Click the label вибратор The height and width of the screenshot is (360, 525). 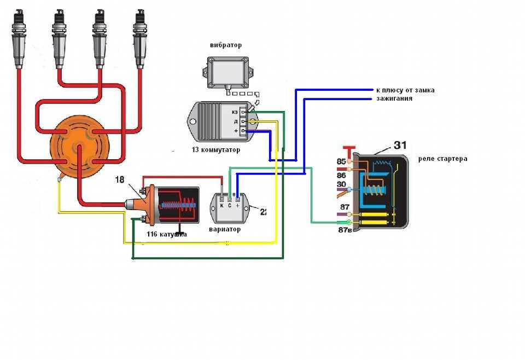225,45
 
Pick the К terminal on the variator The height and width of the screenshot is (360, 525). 221,206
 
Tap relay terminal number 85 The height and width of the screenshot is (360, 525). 342,162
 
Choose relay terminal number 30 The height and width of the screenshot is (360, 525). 342,184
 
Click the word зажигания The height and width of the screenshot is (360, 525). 394,99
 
